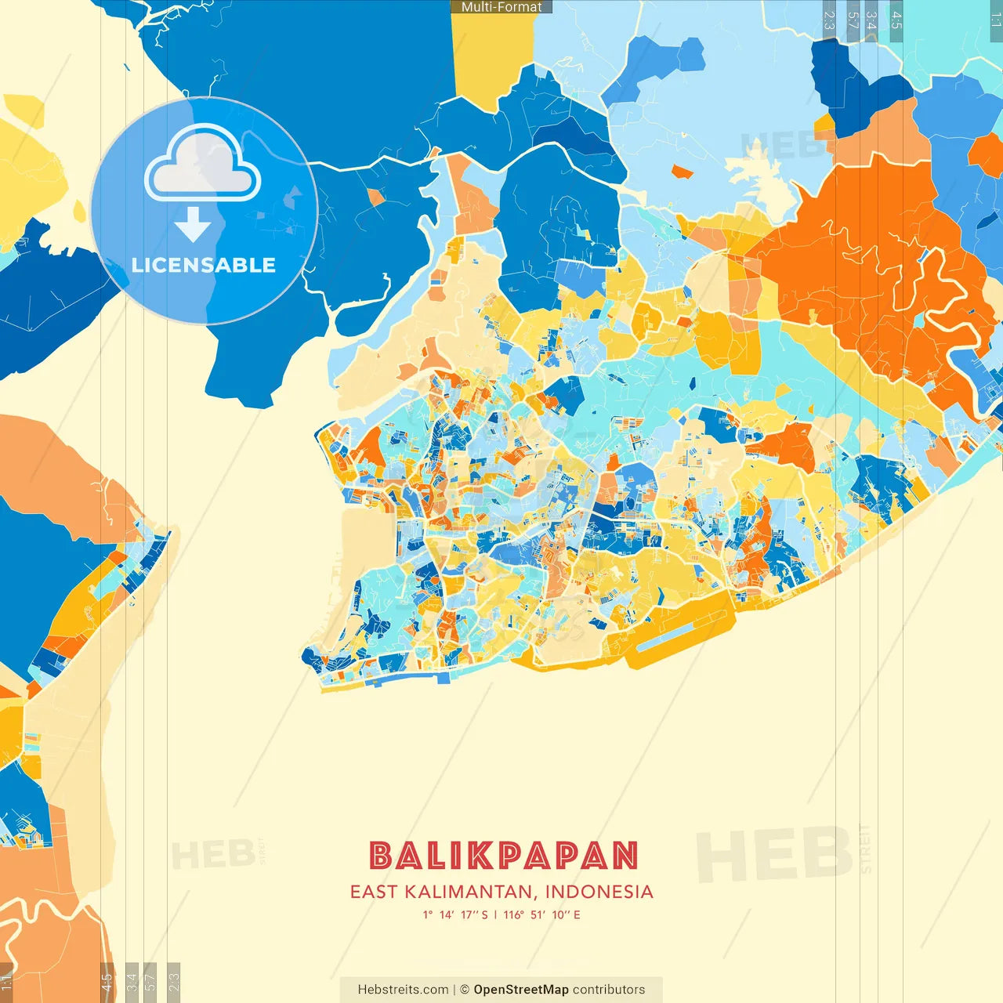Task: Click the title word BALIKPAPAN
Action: tap(503, 856)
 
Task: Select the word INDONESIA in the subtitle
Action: tap(599, 892)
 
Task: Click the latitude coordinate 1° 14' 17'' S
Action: tap(455, 914)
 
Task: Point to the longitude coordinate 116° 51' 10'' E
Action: tap(541, 914)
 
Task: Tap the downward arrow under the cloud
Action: tap(193, 224)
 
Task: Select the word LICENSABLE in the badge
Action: tap(204, 265)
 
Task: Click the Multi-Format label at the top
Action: tap(501, 7)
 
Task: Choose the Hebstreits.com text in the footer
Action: tap(403, 990)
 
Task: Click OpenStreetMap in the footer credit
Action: tap(520, 990)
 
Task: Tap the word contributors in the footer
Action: tap(609, 990)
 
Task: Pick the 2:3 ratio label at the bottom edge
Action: tap(174, 981)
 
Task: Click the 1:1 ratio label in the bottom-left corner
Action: tap(6, 981)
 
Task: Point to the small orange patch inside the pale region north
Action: tap(682, 172)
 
